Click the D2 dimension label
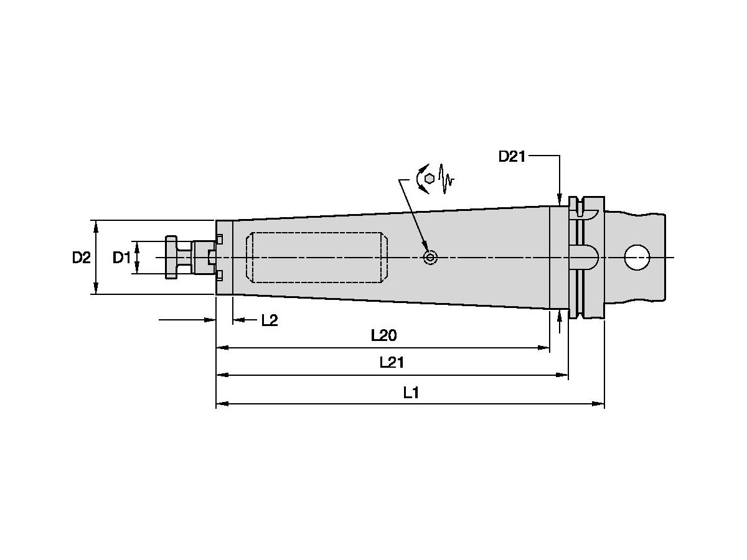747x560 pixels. pos(81,257)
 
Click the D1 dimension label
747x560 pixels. pos(121,257)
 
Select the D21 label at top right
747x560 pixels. pos(512,156)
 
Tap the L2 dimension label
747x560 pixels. pos(269,320)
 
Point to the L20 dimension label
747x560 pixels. pos(383,336)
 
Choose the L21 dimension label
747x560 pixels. pos(392,363)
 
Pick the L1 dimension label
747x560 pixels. pos(410,392)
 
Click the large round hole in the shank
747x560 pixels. pos(636,257)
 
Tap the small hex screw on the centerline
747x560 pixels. pos(430,257)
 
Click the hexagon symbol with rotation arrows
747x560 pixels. pos(428,179)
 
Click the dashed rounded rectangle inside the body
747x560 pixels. pos(317,257)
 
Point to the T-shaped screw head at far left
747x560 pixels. pos(171,257)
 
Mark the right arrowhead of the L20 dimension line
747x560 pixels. pos(545,349)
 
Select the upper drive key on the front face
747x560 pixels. pos(220,239)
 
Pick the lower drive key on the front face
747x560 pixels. pos(220,275)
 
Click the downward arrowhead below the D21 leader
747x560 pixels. pos(560,199)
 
